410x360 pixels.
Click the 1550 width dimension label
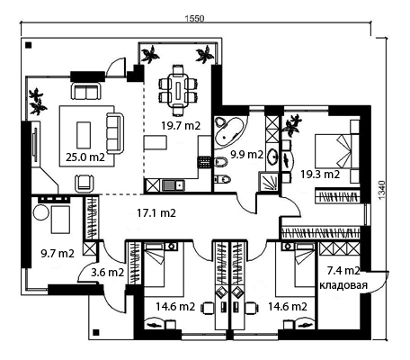point(194,19)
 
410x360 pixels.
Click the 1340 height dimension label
point(380,190)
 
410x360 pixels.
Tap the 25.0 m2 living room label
point(85,157)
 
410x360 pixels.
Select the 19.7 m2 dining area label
point(181,125)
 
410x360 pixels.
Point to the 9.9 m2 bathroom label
point(246,154)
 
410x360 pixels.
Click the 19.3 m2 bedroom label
point(320,174)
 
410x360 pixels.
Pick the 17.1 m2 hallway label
point(156,212)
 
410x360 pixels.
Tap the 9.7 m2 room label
point(58,254)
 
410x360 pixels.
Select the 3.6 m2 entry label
point(107,273)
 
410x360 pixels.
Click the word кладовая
point(343,285)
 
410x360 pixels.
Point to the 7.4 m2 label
point(343,271)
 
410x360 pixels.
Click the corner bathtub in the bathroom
point(229,132)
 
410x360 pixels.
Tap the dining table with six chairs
point(179,90)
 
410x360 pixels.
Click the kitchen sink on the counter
point(173,184)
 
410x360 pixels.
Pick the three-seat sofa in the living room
point(115,134)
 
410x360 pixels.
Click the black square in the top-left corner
point(29,45)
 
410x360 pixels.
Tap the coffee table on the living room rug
point(84,135)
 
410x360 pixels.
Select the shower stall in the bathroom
point(269,181)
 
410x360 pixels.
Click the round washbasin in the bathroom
point(272,156)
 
